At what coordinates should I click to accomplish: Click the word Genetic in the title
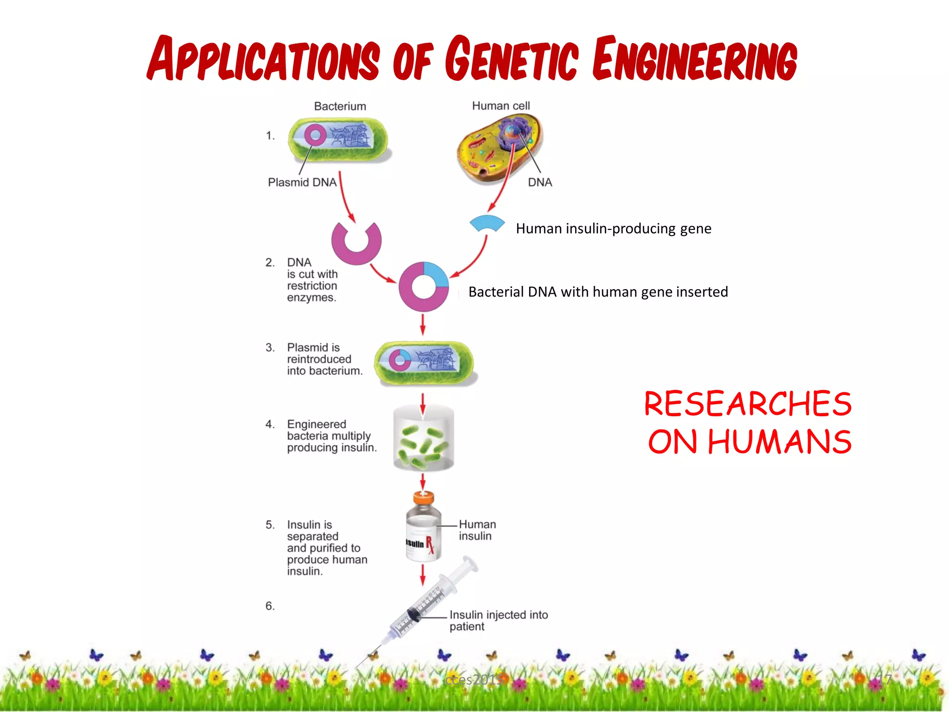tap(512, 59)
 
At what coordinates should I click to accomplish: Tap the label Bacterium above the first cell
tap(340, 106)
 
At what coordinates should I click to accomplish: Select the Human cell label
tap(500, 106)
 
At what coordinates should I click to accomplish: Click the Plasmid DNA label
tap(302, 182)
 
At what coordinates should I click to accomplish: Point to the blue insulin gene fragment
tap(487, 223)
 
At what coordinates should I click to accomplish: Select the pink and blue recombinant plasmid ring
tap(424, 286)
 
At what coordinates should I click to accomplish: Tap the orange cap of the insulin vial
tap(424, 498)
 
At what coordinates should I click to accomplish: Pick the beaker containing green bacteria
tap(424, 438)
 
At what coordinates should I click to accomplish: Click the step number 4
tap(270, 424)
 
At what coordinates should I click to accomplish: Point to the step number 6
tap(270, 606)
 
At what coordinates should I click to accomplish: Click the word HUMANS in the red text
tap(779, 442)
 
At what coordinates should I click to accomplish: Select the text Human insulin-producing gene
tap(613, 229)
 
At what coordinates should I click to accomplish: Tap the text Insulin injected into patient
tap(498, 620)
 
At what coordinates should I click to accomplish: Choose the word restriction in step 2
tap(312, 286)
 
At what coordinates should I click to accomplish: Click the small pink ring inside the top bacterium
tap(315, 135)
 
